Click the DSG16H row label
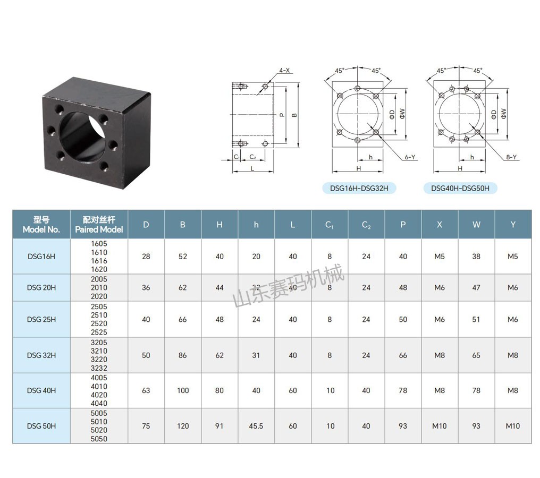pos(41,257)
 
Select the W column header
pos(476,225)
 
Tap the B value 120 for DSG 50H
pos(183,426)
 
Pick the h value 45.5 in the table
pos(256,426)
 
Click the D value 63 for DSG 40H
pos(146,390)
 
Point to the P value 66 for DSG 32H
pos(403,355)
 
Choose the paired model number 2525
pos(99,332)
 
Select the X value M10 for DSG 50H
pos(440,426)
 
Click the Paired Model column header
pos(99,225)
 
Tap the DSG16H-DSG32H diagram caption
pos(359,188)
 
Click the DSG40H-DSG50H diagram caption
pos(460,188)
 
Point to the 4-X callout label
pos(284,71)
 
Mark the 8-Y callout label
pos(511,157)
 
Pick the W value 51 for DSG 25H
pos(476,320)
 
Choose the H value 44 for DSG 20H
pos(220,288)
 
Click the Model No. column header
pos(41,225)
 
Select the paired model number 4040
pos(99,404)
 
